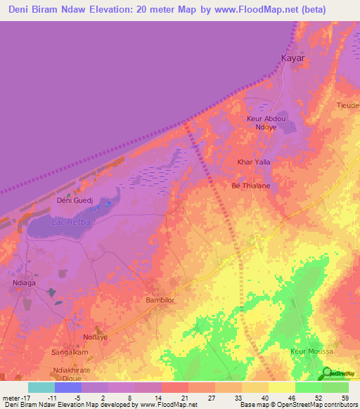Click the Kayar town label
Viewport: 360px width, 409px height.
[292, 58]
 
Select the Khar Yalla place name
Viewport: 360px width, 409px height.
[255, 162]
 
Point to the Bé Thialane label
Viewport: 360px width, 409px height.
[250, 186]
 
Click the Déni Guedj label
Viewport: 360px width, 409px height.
[75, 200]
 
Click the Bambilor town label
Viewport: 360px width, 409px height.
[160, 300]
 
